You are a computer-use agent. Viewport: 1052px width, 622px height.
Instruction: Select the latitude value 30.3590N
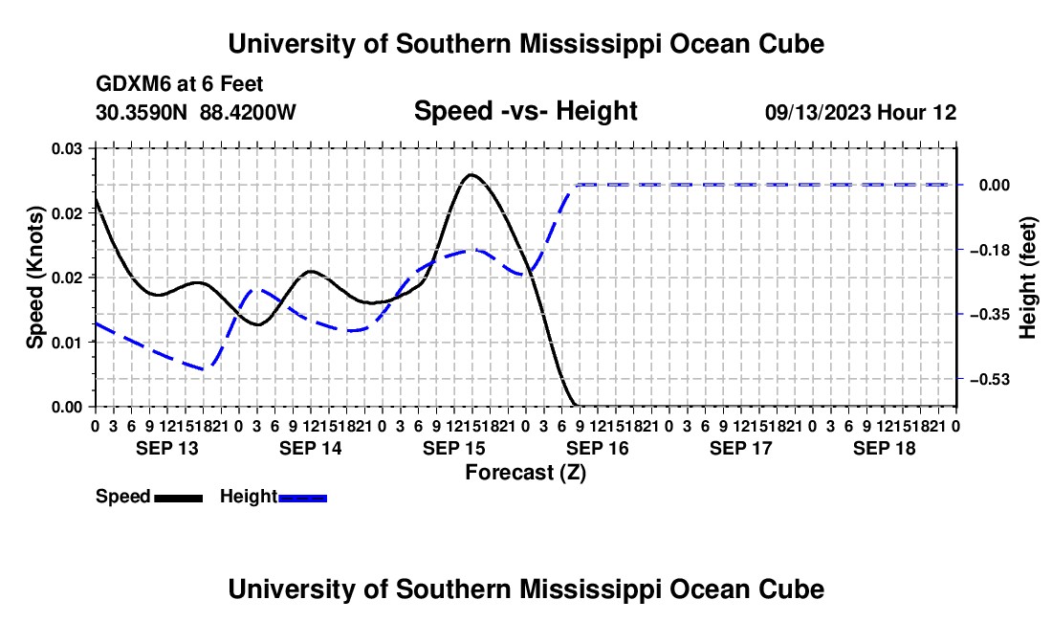point(142,112)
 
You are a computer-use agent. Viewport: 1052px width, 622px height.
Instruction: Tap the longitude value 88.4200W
point(248,112)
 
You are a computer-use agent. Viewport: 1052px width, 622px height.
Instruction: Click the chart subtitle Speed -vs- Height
point(525,111)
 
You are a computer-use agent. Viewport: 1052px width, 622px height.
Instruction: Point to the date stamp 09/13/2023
point(818,112)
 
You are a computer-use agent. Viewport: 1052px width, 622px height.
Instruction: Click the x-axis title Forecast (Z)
point(525,473)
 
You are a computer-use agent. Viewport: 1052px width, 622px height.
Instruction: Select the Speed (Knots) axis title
point(34,278)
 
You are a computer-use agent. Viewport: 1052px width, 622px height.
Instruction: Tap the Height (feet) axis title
point(1027,278)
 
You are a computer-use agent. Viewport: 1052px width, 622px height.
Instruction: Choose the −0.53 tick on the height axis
point(990,380)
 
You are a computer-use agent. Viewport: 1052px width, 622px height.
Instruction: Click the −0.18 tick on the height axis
point(990,251)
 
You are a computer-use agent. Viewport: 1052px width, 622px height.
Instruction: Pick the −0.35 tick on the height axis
point(990,315)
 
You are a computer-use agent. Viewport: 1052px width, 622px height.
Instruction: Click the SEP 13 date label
point(167,448)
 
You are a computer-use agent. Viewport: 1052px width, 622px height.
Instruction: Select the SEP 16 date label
point(597,448)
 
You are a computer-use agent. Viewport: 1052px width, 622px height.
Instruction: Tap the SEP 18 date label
point(885,448)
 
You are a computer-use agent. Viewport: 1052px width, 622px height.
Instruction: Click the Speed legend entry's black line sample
point(179,498)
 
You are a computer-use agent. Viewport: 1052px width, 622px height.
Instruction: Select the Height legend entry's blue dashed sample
point(302,498)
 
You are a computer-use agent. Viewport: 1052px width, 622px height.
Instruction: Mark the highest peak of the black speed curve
point(471,174)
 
